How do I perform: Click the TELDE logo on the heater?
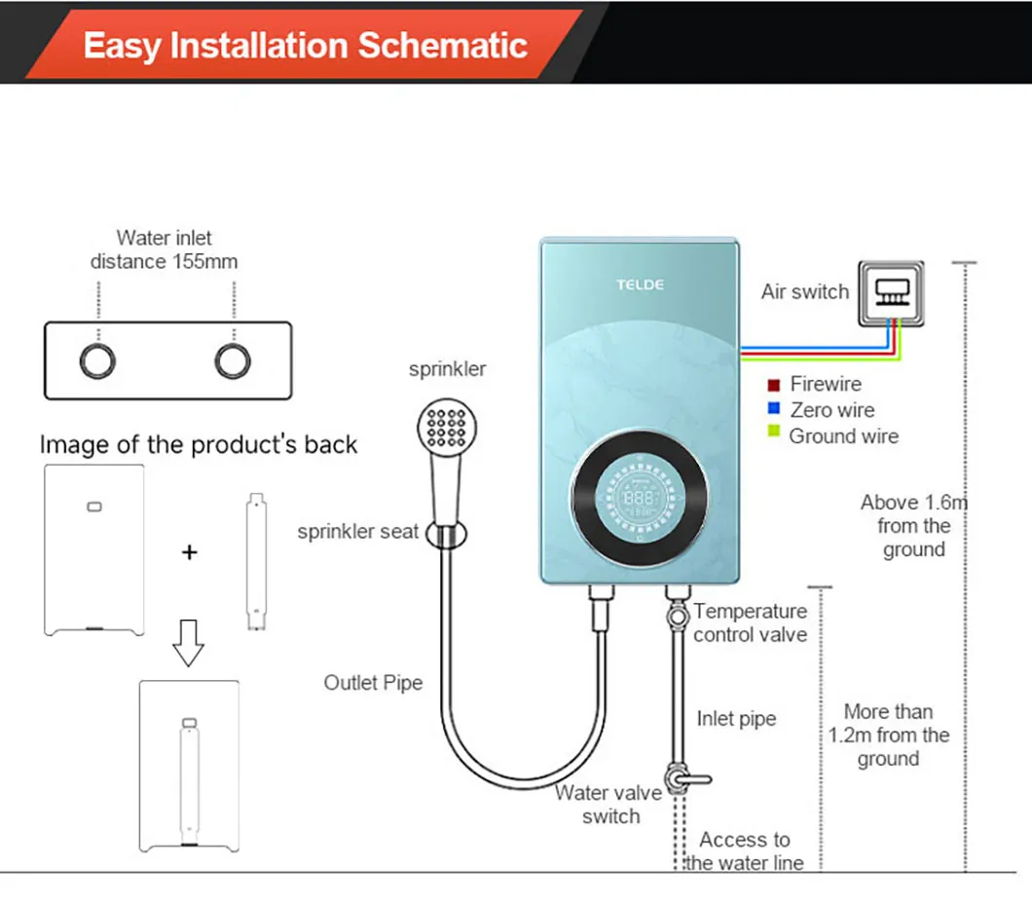pyautogui.click(x=640, y=284)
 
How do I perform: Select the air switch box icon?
pyautogui.click(x=890, y=291)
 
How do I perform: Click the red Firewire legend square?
pyautogui.click(x=774, y=384)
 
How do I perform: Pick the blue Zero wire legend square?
pyautogui.click(x=774, y=409)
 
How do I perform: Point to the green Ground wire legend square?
pyautogui.click(x=774, y=434)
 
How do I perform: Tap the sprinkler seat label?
pyautogui.click(x=357, y=532)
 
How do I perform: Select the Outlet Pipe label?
pyautogui.click(x=373, y=683)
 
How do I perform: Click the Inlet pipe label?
pyautogui.click(x=736, y=719)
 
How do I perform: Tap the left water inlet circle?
pyautogui.click(x=97, y=360)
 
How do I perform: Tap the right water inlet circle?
pyautogui.click(x=233, y=360)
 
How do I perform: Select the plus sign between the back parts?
pyautogui.click(x=189, y=552)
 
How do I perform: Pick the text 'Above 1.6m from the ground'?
pyautogui.click(x=912, y=526)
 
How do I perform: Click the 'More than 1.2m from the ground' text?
pyautogui.click(x=888, y=736)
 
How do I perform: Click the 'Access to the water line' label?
pyautogui.click(x=745, y=850)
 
